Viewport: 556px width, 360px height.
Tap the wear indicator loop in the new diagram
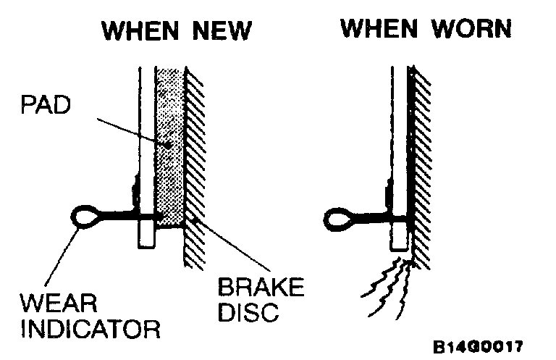[88, 216]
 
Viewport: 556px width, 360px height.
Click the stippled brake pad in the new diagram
[171, 145]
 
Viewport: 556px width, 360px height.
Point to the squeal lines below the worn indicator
[387, 290]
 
